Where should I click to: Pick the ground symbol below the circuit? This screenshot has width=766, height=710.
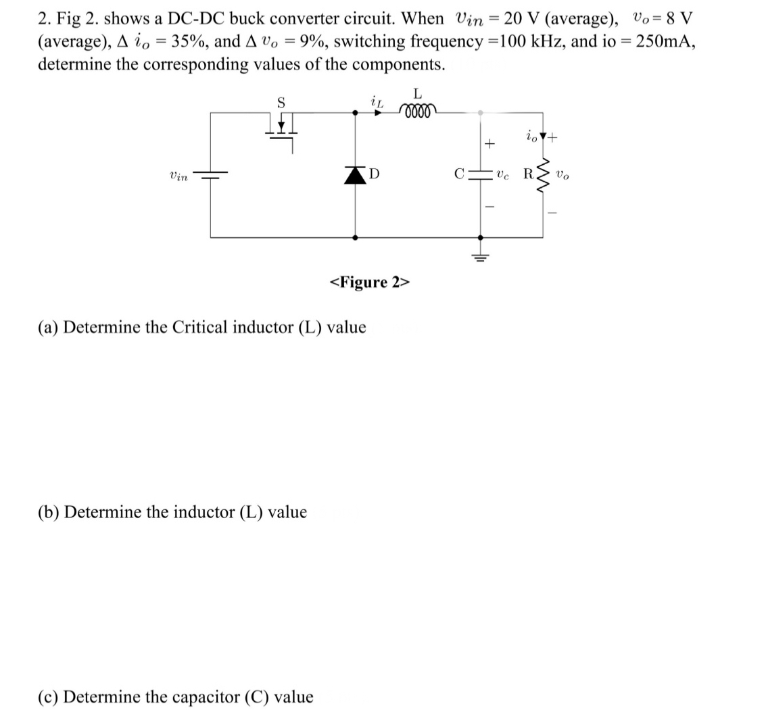(x=481, y=255)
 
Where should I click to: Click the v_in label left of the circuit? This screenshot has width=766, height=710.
(x=178, y=176)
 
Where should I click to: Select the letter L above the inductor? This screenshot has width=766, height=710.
(x=417, y=93)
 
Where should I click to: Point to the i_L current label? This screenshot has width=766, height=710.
(x=377, y=101)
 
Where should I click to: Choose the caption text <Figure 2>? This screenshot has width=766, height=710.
(x=369, y=282)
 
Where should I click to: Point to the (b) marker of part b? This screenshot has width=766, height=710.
(x=48, y=512)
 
